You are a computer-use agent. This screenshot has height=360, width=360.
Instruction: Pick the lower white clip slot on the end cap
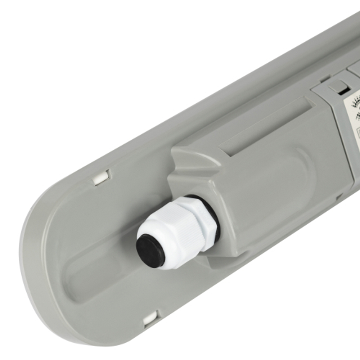(x=150, y=318)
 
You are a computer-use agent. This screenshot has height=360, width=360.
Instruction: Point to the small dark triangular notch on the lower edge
(x=339, y=197)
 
